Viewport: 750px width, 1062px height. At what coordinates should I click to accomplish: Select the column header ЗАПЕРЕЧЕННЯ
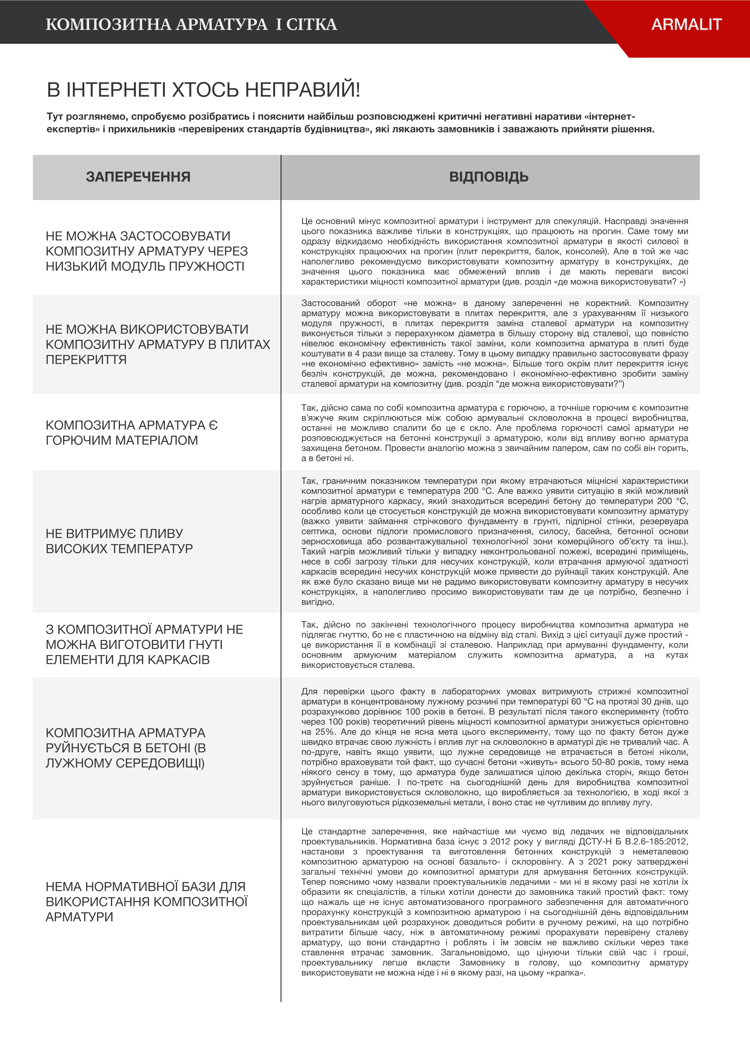(x=138, y=177)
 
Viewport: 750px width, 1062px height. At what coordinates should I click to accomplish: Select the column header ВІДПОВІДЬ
(x=489, y=177)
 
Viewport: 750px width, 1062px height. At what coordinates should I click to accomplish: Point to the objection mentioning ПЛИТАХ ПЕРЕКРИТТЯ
(x=157, y=344)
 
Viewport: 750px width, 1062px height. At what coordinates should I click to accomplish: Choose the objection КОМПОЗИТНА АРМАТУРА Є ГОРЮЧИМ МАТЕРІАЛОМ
(x=131, y=432)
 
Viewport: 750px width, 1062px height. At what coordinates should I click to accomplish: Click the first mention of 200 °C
(x=479, y=491)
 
